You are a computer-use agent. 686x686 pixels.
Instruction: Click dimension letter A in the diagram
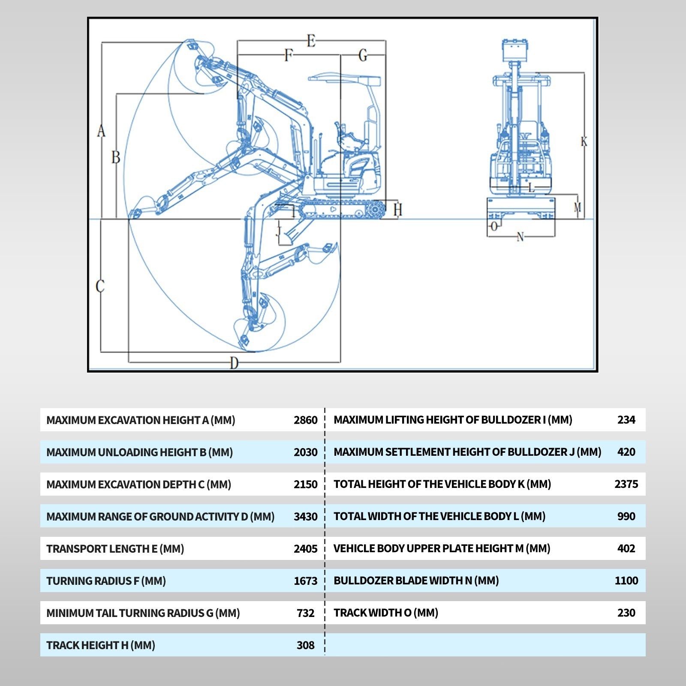pyautogui.click(x=101, y=130)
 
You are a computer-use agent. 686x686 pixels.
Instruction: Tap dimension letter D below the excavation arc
pyautogui.click(x=234, y=363)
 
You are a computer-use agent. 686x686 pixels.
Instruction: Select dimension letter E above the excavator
pyautogui.click(x=311, y=41)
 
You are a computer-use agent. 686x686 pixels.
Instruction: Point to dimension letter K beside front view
pyautogui.click(x=584, y=141)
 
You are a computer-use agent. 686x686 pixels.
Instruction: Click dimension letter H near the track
pyautogui.click(x=398, y=210)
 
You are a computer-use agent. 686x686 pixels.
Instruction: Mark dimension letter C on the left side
pyautogui.click(x=100, y=286)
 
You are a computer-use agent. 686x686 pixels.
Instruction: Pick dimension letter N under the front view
pyautogui.click(x=521, y=237)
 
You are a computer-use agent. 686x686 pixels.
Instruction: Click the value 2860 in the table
pyautogui.click(x=306, y=420)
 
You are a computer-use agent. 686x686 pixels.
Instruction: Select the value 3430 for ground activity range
pyautogui.click(x=306, y=517)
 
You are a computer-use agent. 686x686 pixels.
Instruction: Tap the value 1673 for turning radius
pyautogui.click(x=306, y=581)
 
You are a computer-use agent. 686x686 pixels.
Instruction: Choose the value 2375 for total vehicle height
pyautogui.click(x=626, y=484)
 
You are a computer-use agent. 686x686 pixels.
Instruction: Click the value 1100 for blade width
pyautogui.click(x=626, y=581)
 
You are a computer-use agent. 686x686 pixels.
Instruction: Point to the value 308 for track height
pyautogui.click(x=306, y=645)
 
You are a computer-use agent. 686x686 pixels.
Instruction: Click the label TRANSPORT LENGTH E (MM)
pyautogui.click(x=115, y=549)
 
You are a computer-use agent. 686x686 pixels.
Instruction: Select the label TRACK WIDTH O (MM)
pyautogui.click(x=386, y=613)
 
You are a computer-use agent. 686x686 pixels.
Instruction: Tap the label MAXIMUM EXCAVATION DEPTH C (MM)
pyautogui.click(x=139, y=484)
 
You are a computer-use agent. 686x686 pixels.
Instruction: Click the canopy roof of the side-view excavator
pyautogui.click(x=344, y=78)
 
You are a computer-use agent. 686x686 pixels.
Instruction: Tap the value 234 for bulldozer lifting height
pyautogui.click(x=626, y=420)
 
